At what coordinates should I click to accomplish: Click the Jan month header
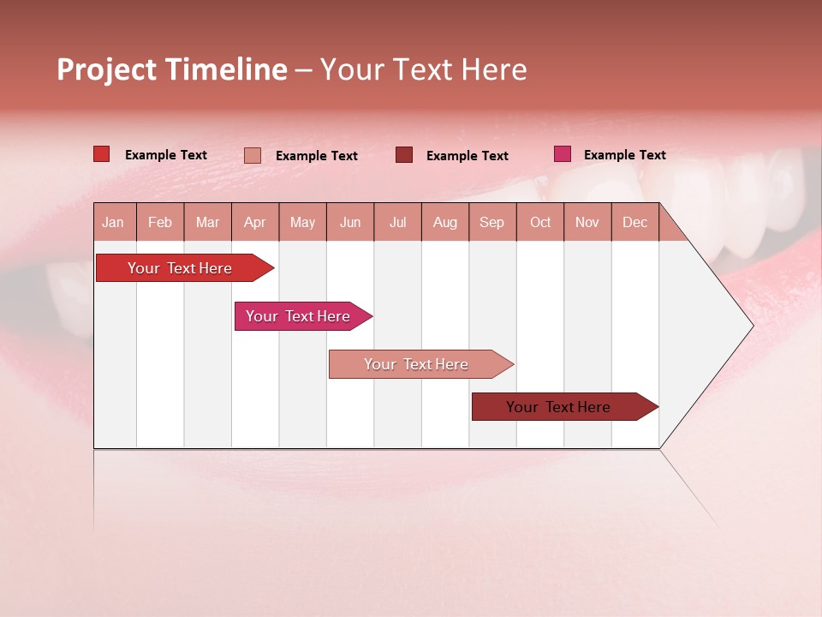(113, 223)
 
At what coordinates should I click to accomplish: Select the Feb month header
(160, 223)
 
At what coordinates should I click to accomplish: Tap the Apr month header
(255, 223)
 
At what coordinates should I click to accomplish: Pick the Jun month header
(350, 223)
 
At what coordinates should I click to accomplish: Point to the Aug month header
(445, 223)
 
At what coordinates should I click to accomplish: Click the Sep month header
(491, 223)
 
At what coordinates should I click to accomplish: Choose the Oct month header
(540, 223)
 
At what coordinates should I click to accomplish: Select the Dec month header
(634, 223)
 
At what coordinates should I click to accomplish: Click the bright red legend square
(101, 154)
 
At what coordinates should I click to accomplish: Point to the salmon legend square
(252, 155)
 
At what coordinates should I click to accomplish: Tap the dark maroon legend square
(403, 155)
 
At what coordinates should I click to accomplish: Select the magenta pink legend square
(562, 154)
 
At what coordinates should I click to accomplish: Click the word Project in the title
(107, 69)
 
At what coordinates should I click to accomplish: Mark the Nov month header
(587, 223)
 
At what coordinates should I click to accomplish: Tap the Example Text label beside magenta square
(624, 155)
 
